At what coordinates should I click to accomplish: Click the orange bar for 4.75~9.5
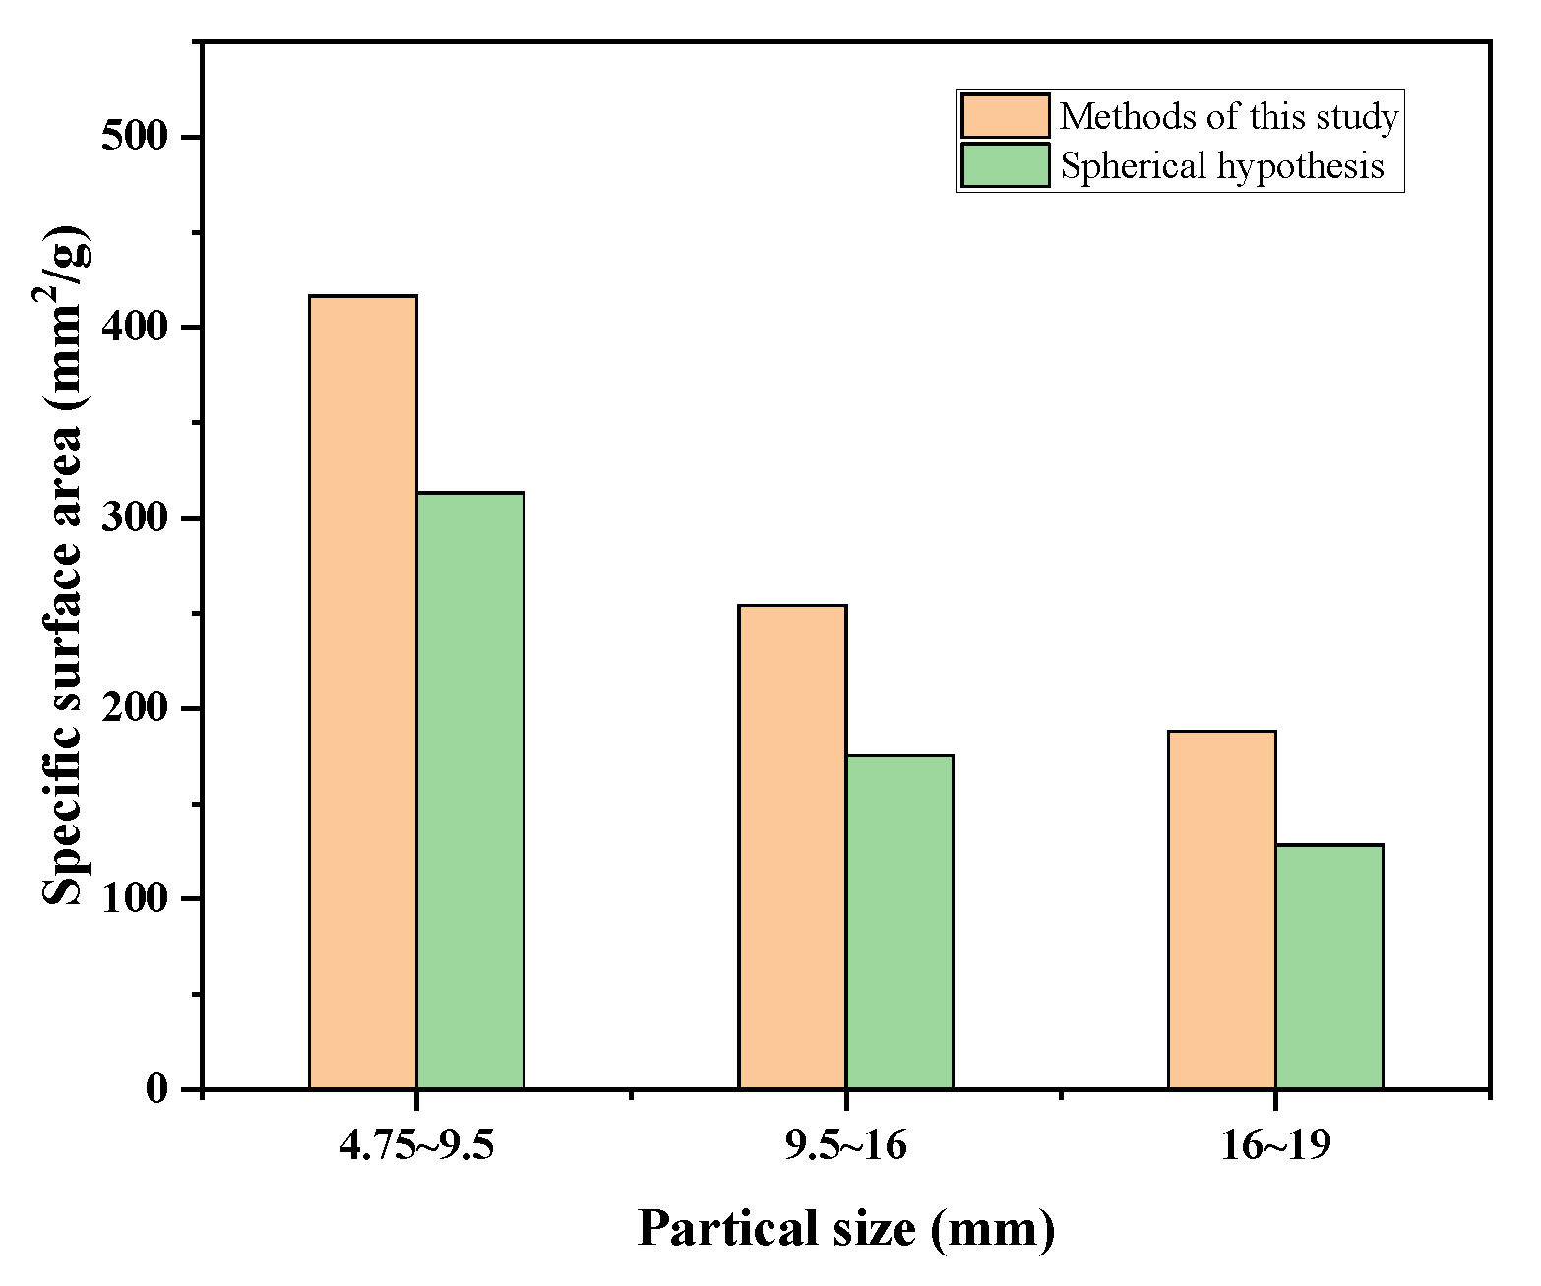[362, 692]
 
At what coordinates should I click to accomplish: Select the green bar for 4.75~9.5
[469, 790]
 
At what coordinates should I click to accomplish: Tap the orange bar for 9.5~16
[792, 846]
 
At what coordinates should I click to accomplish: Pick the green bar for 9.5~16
[899, 921]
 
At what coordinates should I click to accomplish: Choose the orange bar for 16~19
[1221, 909]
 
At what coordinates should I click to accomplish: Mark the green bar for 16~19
[1328, 966]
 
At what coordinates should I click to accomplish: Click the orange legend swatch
[1005, 116]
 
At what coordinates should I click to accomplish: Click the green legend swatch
[1005, 165]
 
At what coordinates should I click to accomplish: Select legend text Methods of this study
[1228, 117]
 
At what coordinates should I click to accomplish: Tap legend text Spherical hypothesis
[1221, 165]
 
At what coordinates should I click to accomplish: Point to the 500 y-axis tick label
[136, 136]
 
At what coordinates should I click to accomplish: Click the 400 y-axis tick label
[136, 327]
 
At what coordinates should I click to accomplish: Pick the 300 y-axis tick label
[136, 518]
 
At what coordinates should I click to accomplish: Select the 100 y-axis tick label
[136, 898]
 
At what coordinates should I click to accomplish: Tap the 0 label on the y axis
[157, 1089]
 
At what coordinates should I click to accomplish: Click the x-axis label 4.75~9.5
[416, 1145]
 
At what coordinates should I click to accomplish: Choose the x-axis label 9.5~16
[845, 1145]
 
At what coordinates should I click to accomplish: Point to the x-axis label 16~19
[1275, 1145]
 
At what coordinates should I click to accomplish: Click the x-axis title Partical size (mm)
[845, 1229]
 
